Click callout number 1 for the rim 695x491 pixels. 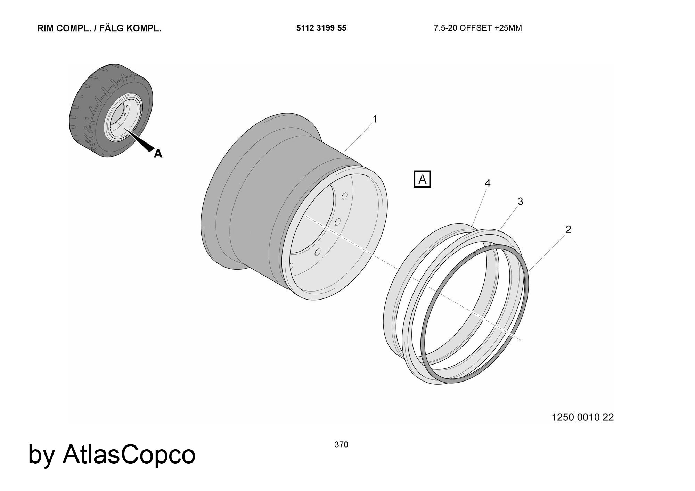coord(375,119)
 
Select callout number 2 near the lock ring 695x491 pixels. coord(568,229)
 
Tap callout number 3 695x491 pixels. coord(520,202)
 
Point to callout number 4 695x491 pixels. coord(488,183)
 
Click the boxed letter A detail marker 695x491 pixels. coord(422,179)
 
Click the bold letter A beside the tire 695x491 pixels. coord(158,153)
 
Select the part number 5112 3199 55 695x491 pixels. coord(321,28)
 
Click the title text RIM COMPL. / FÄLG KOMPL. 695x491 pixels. coord(99,28)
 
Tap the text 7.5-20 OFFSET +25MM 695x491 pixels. coord(478,28)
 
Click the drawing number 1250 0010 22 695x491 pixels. coord(583,417)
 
